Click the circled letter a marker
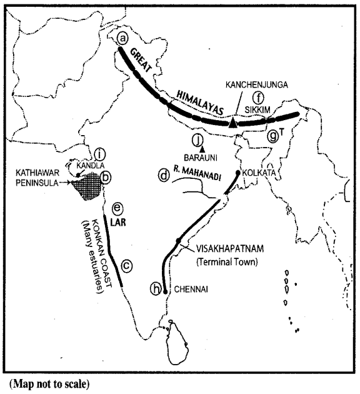(123, 39)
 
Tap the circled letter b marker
(106, 178)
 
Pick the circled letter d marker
(164, 176)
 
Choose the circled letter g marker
(272, 135)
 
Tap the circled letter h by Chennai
(155, 288)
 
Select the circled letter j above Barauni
(199, 139)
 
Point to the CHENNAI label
(189, 289)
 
